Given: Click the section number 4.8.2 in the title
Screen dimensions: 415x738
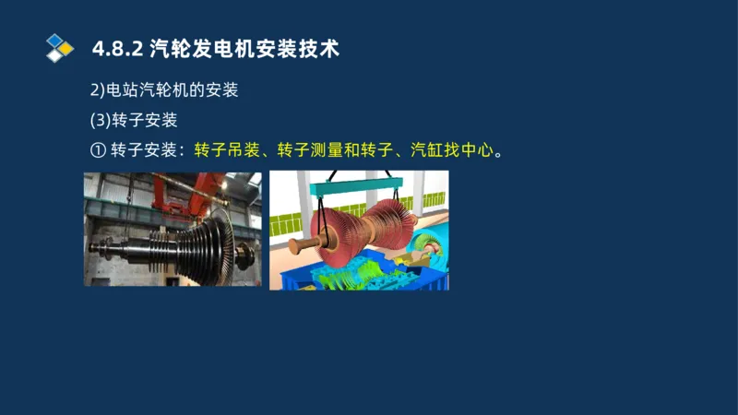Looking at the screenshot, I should point(117,49).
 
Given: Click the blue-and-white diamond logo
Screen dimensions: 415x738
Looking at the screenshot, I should point(59,48).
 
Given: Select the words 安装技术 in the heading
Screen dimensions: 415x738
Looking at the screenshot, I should point(291,49).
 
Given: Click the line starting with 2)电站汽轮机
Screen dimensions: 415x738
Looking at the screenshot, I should point(163,90).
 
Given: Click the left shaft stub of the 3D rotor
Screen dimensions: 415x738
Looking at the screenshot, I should point(297,247).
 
